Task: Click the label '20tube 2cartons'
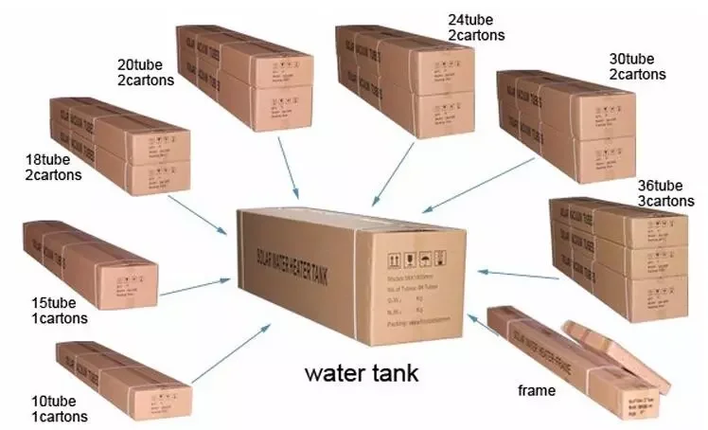pyautogui.click(x=145, y=72)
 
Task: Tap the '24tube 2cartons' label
pyautogui.click(x=476, y=27)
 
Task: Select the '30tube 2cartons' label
pyautogui.click(x=637, y=65)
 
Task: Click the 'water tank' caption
pyautogui.click(x=361, y=372)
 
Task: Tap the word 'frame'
pyautogui.click(x=536, y=389)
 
